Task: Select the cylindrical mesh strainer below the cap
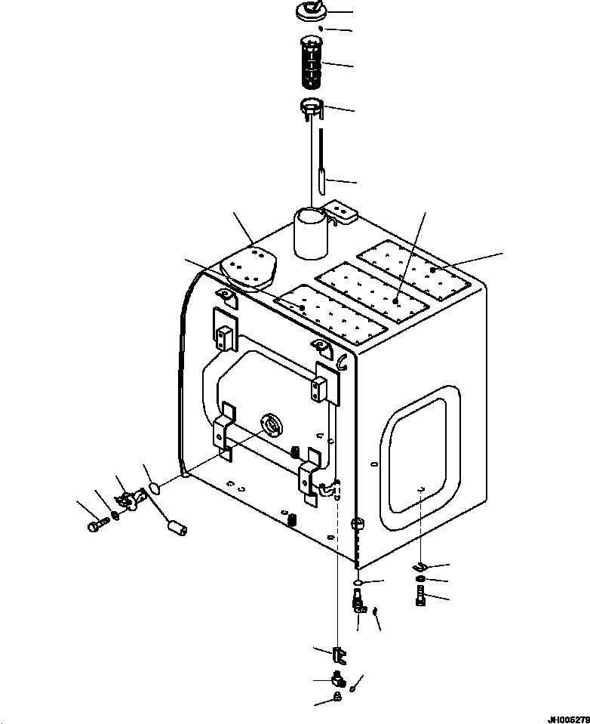[x=312, y=63]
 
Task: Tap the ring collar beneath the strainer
[x=312, y=108]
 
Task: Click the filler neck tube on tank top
[x=312, y=233]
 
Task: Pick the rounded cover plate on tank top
[x=248, y=270]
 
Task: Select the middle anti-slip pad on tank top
[x=372, y=292]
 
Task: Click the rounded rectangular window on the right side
[x=419, y=456]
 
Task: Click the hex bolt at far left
[x=98, y=524]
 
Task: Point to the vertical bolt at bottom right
[x=420, y=595]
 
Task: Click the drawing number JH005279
[x=568, y=719]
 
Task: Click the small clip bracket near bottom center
[x=339, y=655]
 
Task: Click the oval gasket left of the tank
[x=155, y=487]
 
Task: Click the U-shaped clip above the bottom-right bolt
[x=421, y=565]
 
